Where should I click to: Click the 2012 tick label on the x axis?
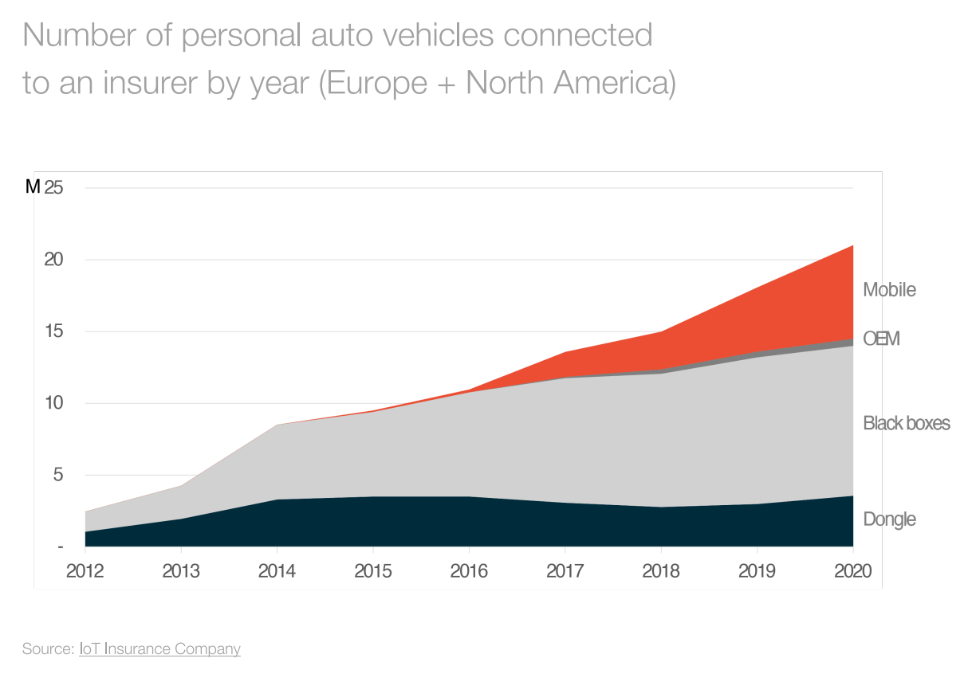85,571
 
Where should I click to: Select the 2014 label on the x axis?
277,571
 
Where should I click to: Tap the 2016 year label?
469,571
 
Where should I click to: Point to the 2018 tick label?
660,571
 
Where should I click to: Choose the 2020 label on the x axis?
852,571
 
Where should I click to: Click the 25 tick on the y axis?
54,188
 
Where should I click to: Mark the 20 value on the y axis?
54,260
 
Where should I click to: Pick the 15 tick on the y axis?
54,331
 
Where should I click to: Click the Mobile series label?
889,290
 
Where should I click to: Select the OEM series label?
881,339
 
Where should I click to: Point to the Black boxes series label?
907,423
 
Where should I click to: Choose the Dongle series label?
889,519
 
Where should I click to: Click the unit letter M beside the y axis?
33,188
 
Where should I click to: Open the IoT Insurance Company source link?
159,649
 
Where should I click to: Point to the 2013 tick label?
181,571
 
